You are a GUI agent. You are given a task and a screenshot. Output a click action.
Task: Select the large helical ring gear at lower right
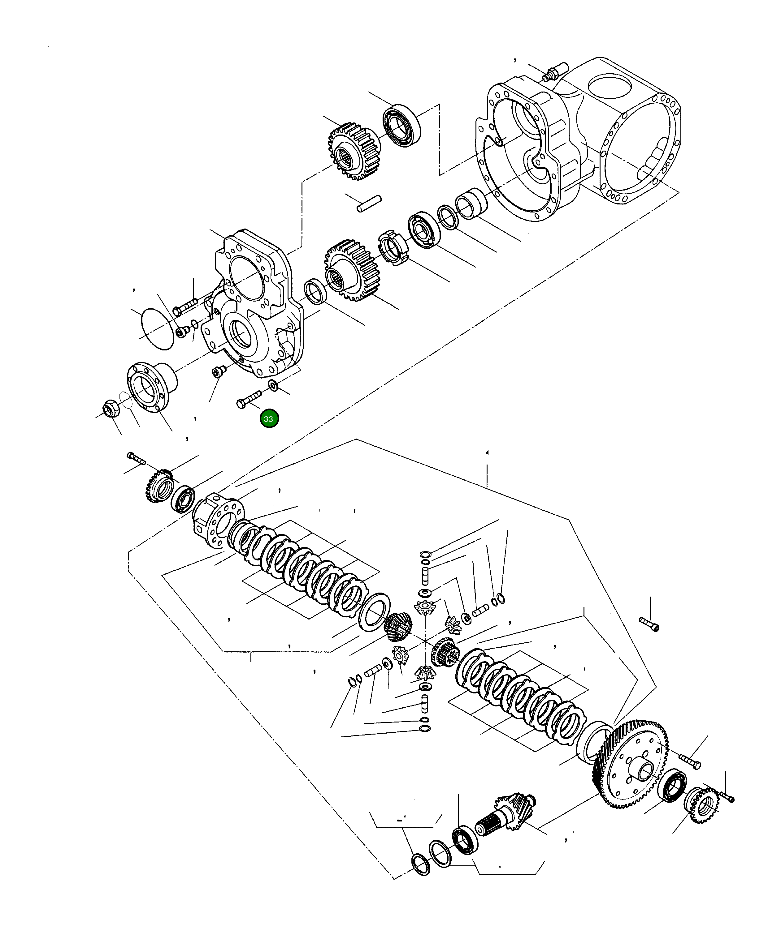pos(631,765)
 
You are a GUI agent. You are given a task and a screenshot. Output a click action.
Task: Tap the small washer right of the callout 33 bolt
pos(273,385)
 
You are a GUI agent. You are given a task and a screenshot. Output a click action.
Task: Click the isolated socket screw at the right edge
pos(649,624)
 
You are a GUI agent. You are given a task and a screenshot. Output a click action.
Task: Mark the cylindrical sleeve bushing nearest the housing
pos(471,202)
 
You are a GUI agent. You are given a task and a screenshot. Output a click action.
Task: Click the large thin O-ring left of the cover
pos(157,328)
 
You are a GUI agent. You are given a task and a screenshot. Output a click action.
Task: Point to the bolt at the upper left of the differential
pos(136,458)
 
